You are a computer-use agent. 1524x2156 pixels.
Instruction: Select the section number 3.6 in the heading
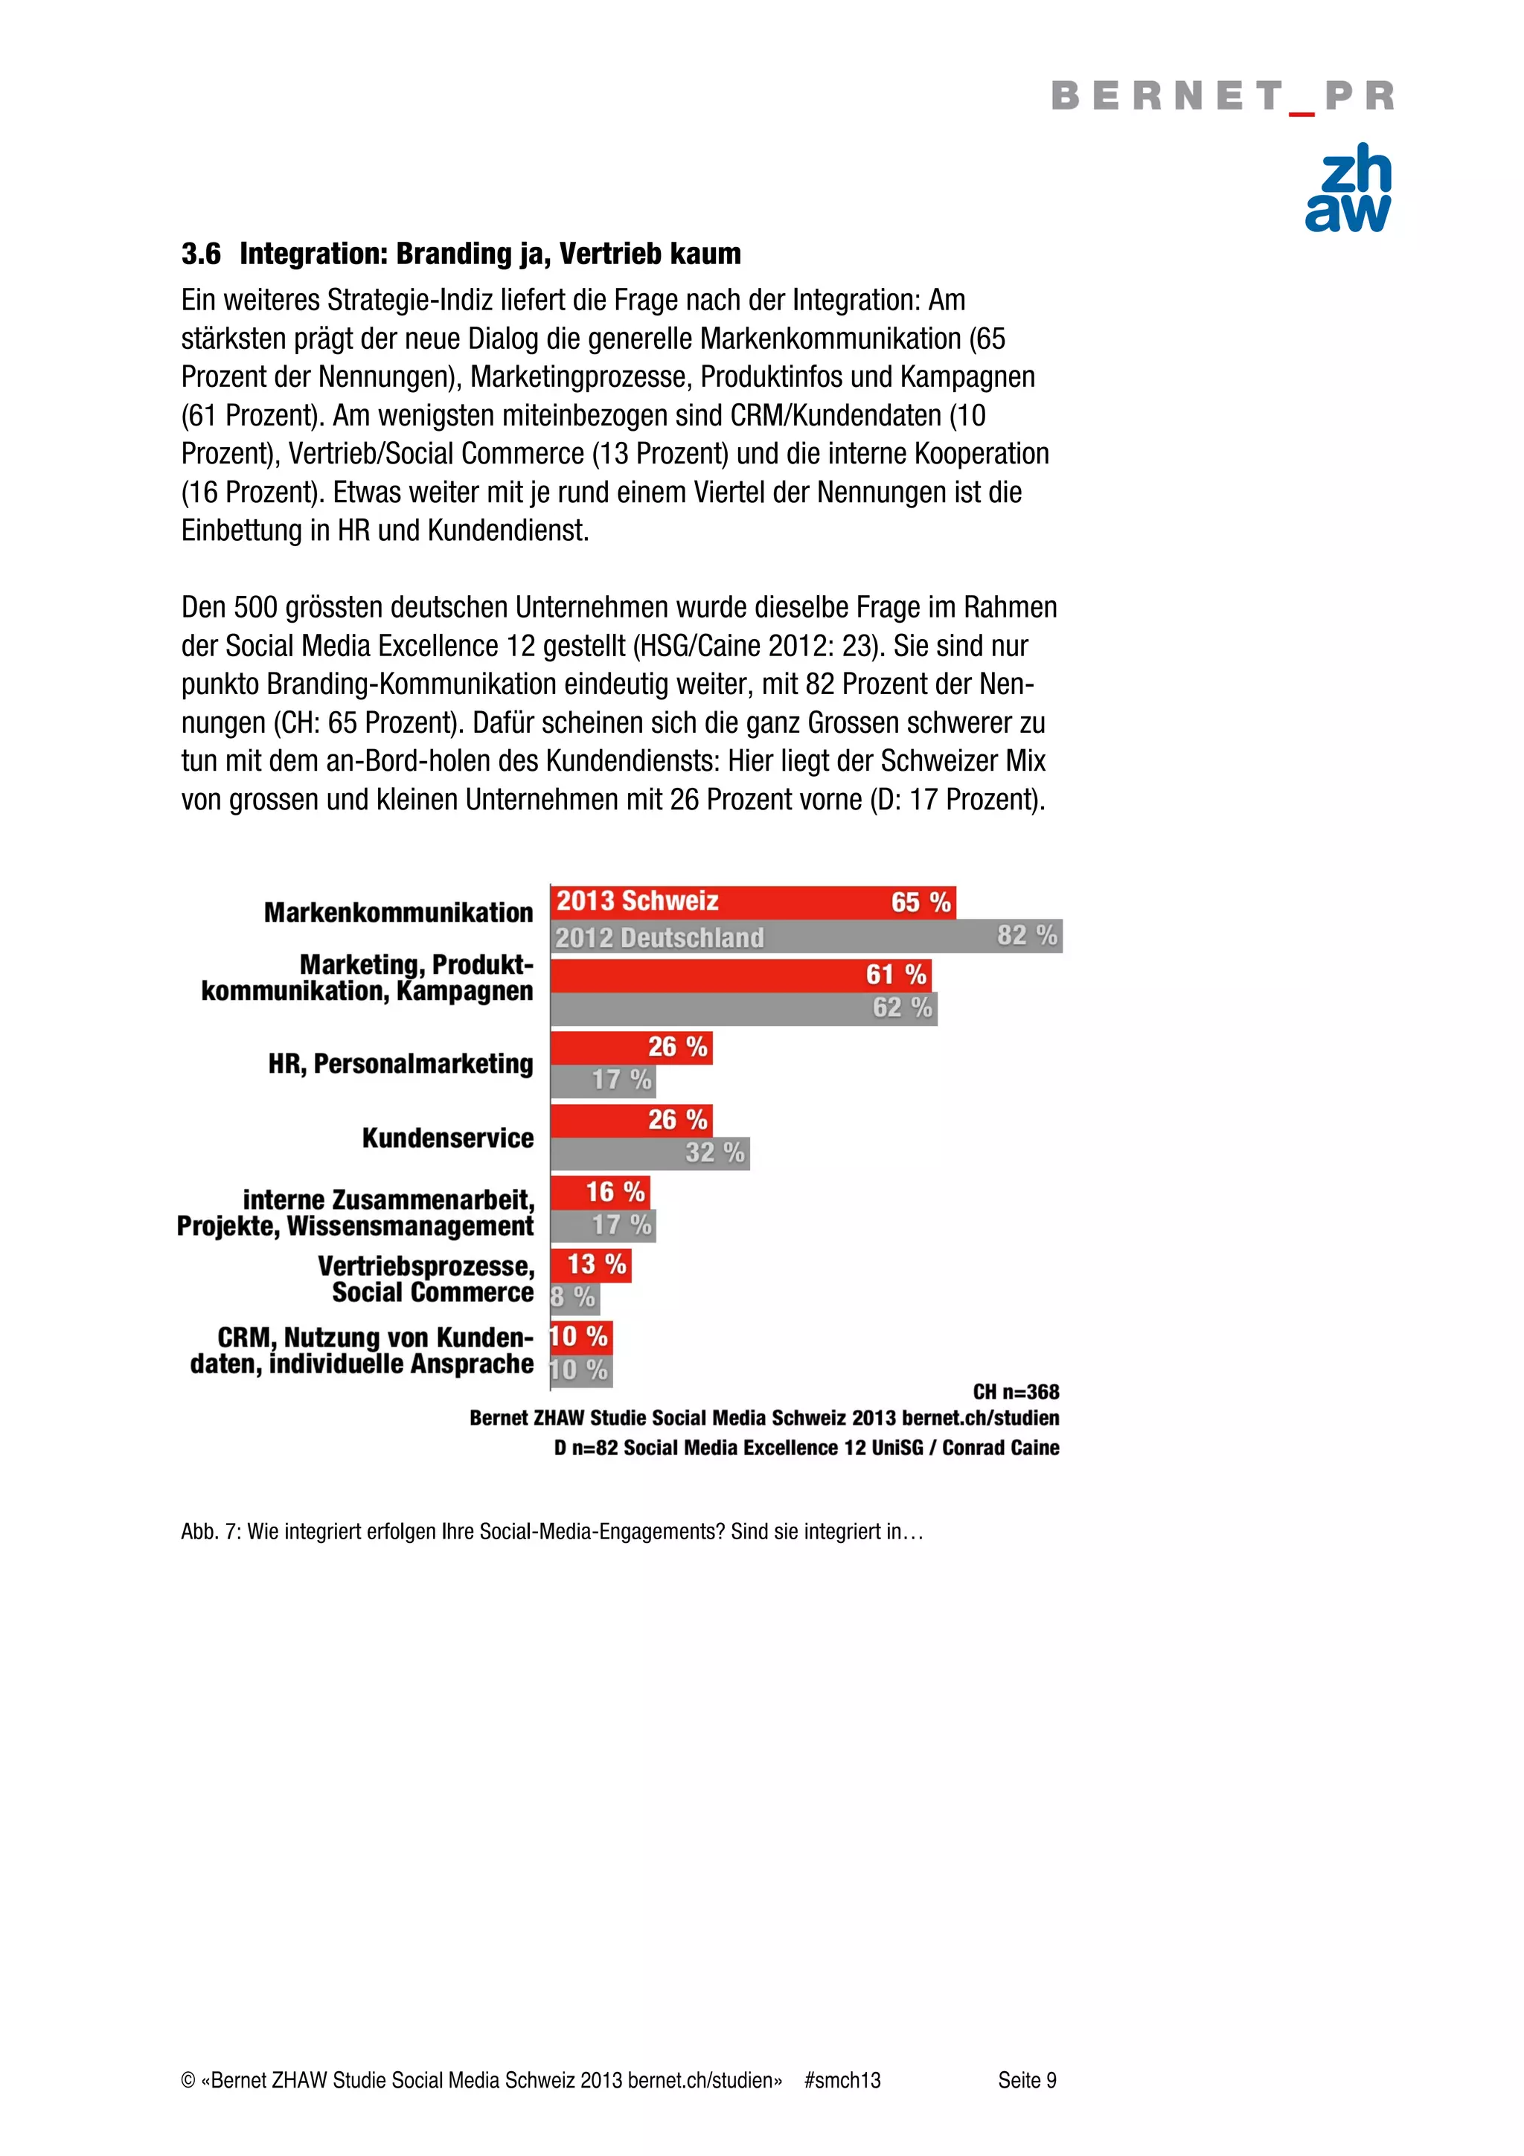pyautogui.click(x=201, y=254)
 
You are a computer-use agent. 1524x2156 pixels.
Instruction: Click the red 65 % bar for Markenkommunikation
pyautogui.click(x=751, y=902)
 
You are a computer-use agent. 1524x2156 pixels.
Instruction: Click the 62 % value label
pyautogui.click(x=901, y=1007)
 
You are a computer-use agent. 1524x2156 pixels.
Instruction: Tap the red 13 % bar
pyautogui.click(x=592, y=1265)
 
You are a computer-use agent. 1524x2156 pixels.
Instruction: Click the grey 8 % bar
pyautogui.click(x=574, y=1297)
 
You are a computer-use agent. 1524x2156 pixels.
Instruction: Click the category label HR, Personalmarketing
pyautogui.click(x=400, y=1064)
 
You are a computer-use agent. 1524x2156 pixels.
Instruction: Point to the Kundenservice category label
pyautogui.click(x=447, y=1138)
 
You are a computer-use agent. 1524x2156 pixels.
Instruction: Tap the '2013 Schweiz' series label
pyautogui.click(x=637, y=902)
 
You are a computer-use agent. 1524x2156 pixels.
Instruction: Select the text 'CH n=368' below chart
pyautogui.click(x=1015, y=1392)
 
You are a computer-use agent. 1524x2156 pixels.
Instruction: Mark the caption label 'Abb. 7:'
pyautogui.click(x=211, y=1532)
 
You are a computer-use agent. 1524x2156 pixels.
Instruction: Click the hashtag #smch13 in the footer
pyautogui.click(x=842, y=2080)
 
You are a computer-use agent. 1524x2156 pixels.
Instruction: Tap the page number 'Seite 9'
pyautogui.click(x=1026, y=2080)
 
